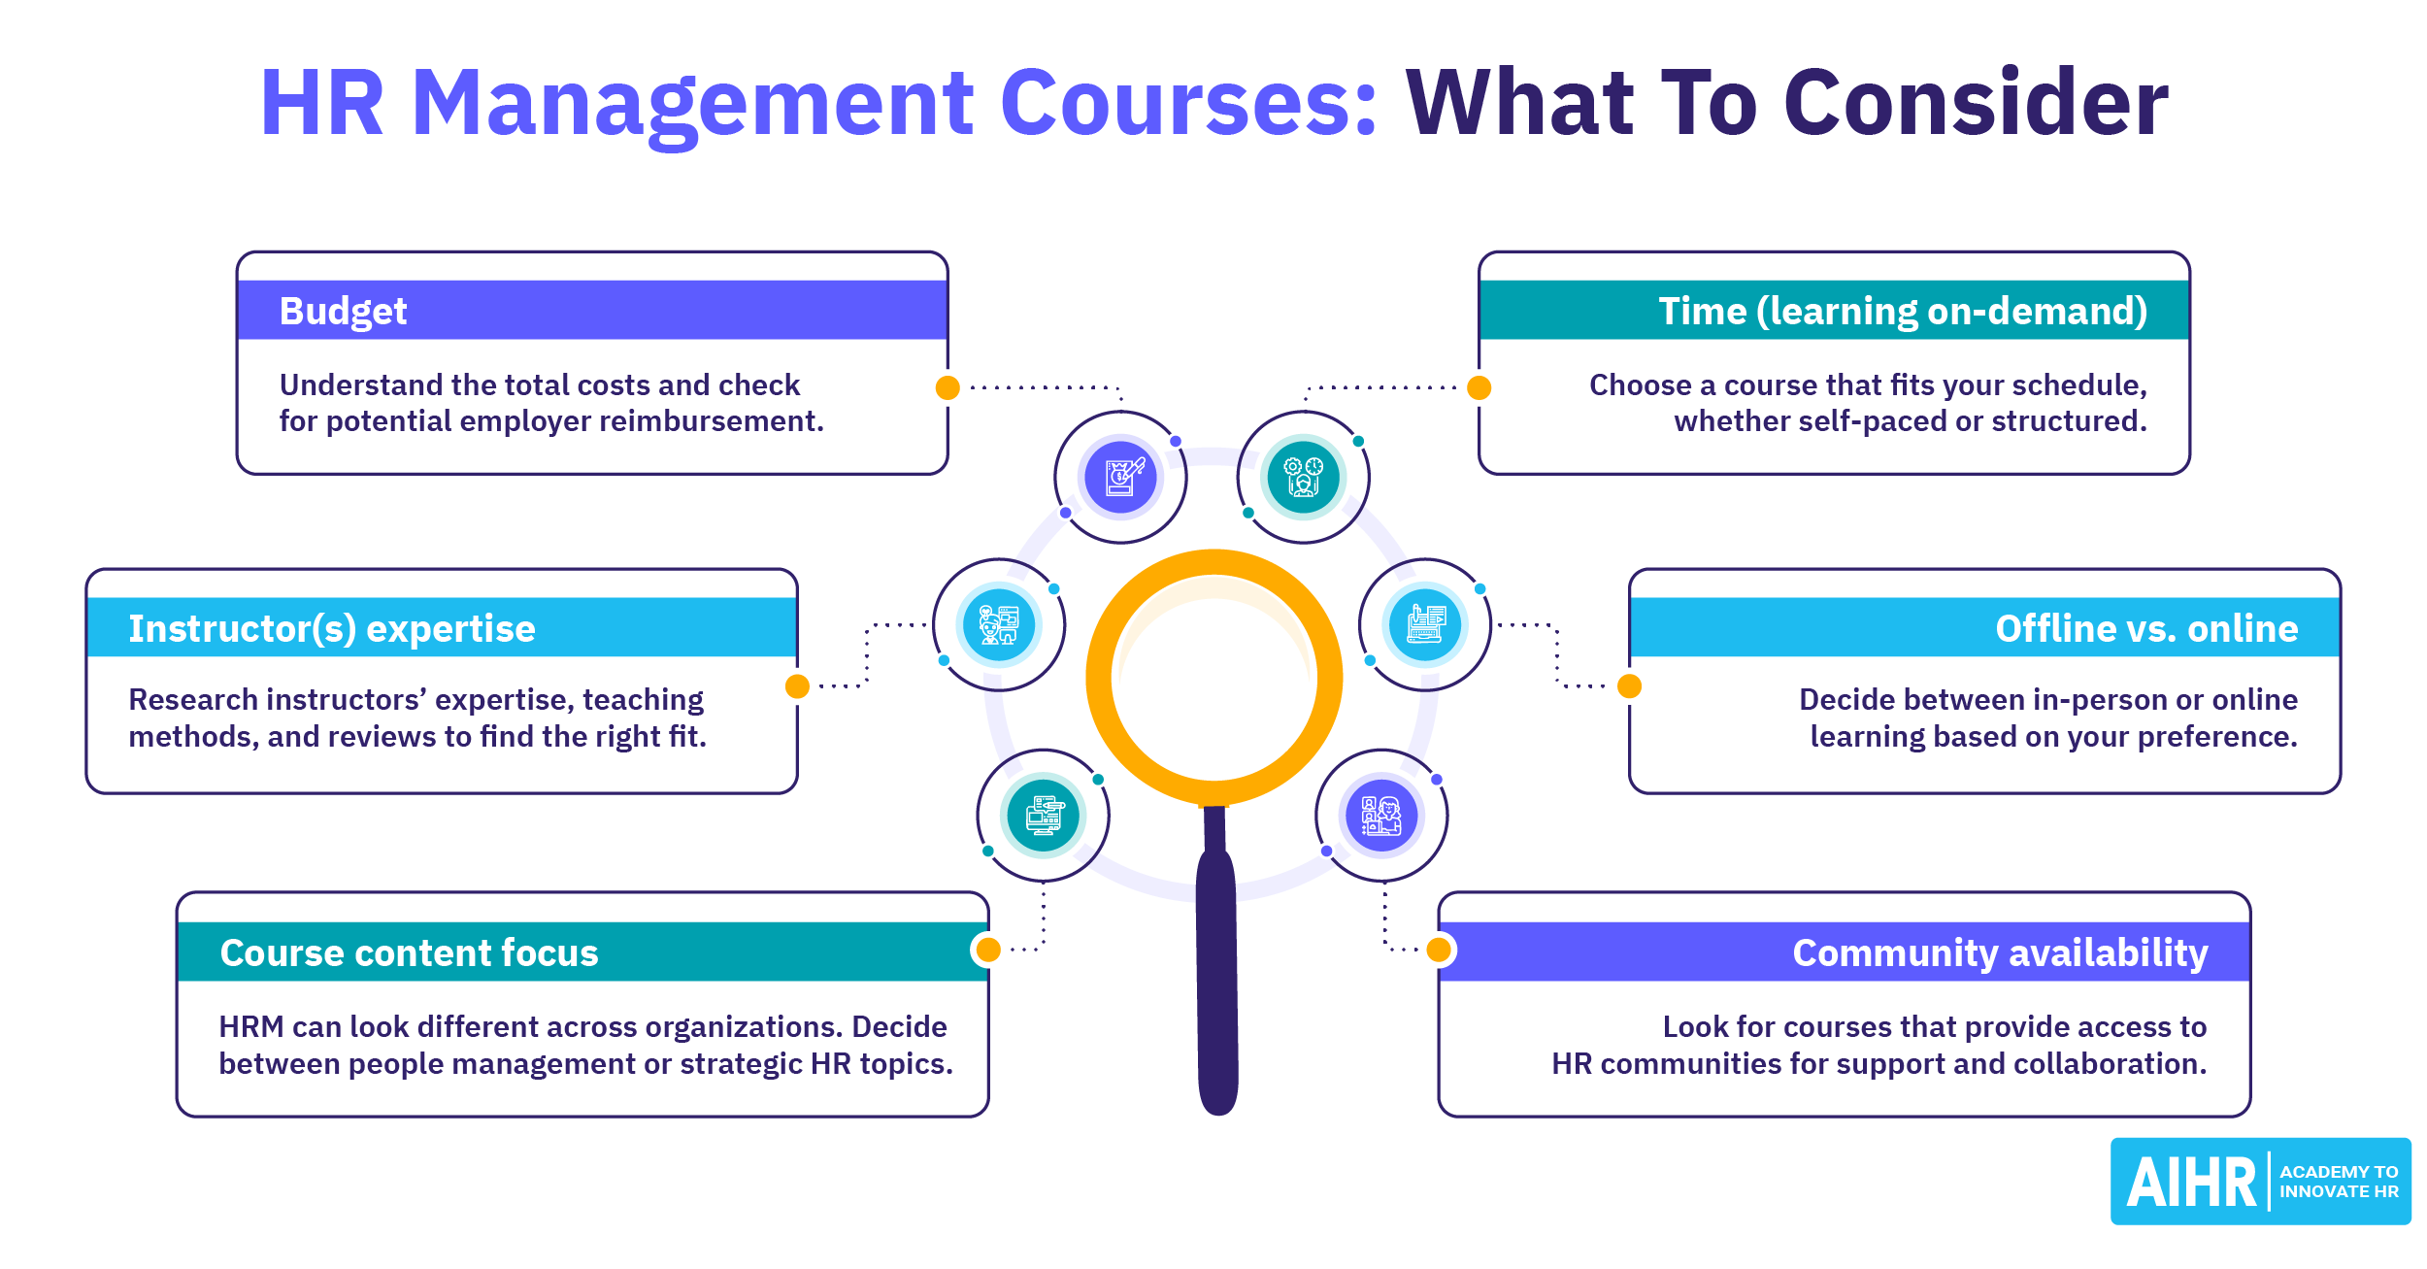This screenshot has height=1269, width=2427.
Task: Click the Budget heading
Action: pos(343,312)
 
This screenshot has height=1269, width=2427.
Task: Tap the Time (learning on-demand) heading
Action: pos(1902,312)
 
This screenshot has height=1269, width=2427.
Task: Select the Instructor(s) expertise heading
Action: pos(331,629)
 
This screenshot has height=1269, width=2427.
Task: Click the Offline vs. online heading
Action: pos(2146,629)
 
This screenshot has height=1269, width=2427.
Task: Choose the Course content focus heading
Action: pos(409,953)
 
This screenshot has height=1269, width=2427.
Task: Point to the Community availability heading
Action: pos(2000,953)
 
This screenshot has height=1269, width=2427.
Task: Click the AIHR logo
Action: pos(2260,1182)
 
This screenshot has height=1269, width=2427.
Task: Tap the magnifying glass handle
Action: pos(1216,971)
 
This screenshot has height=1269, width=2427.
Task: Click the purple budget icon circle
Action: pos(1120,477)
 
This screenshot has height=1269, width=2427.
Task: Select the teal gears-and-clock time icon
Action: pos(1303,477)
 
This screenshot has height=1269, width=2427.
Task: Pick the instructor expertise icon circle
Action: pos(999,624)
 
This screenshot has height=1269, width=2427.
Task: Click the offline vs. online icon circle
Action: pos(1424,624)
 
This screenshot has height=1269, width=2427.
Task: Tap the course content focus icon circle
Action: pos(1043,816)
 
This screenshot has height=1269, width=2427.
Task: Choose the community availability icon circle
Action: pos(1381,816)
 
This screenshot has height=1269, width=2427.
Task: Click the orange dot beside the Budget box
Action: pos(948,388)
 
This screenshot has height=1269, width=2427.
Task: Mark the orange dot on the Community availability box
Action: pos(1439,950)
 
